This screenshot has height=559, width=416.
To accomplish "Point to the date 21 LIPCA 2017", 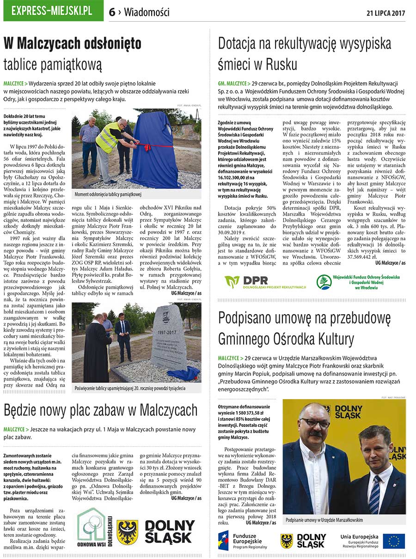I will (386, 12).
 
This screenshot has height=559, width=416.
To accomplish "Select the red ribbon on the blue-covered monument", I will (147, 147).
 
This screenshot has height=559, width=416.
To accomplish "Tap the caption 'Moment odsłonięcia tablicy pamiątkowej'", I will (108, 194).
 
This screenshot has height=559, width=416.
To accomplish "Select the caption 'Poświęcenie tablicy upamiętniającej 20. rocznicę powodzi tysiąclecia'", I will (130, 389).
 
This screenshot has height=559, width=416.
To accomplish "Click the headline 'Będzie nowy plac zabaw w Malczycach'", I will (101, 410).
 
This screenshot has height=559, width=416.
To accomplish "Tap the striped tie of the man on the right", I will (374, 494).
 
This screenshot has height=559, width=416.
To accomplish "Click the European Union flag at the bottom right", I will (393, 541).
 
